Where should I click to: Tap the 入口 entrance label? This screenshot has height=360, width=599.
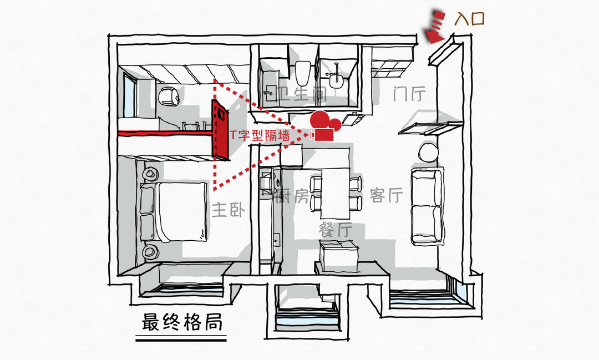(x=469, y=19)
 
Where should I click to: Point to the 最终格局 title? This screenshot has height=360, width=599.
(x=182, y=322)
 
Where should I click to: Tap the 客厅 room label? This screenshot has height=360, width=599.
(x=385, y=195)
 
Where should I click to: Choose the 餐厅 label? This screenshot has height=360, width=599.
(x=335, y=229)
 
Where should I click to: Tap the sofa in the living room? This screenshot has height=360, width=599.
(x=427, y=206)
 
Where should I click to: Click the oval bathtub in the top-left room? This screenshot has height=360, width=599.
(x=167, y=97)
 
